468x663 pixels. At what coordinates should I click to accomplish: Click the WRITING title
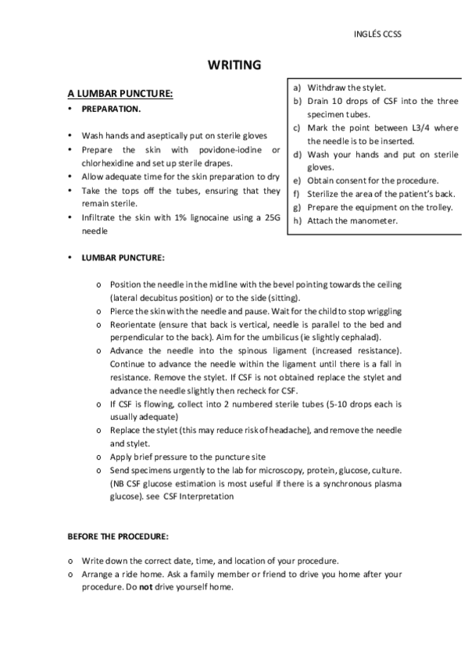coord(234,65)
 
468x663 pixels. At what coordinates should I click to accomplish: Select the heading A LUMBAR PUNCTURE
coord(120,95)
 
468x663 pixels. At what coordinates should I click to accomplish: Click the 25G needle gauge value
coord(270,217)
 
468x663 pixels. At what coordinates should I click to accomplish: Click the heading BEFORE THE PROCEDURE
coord(118,537)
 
